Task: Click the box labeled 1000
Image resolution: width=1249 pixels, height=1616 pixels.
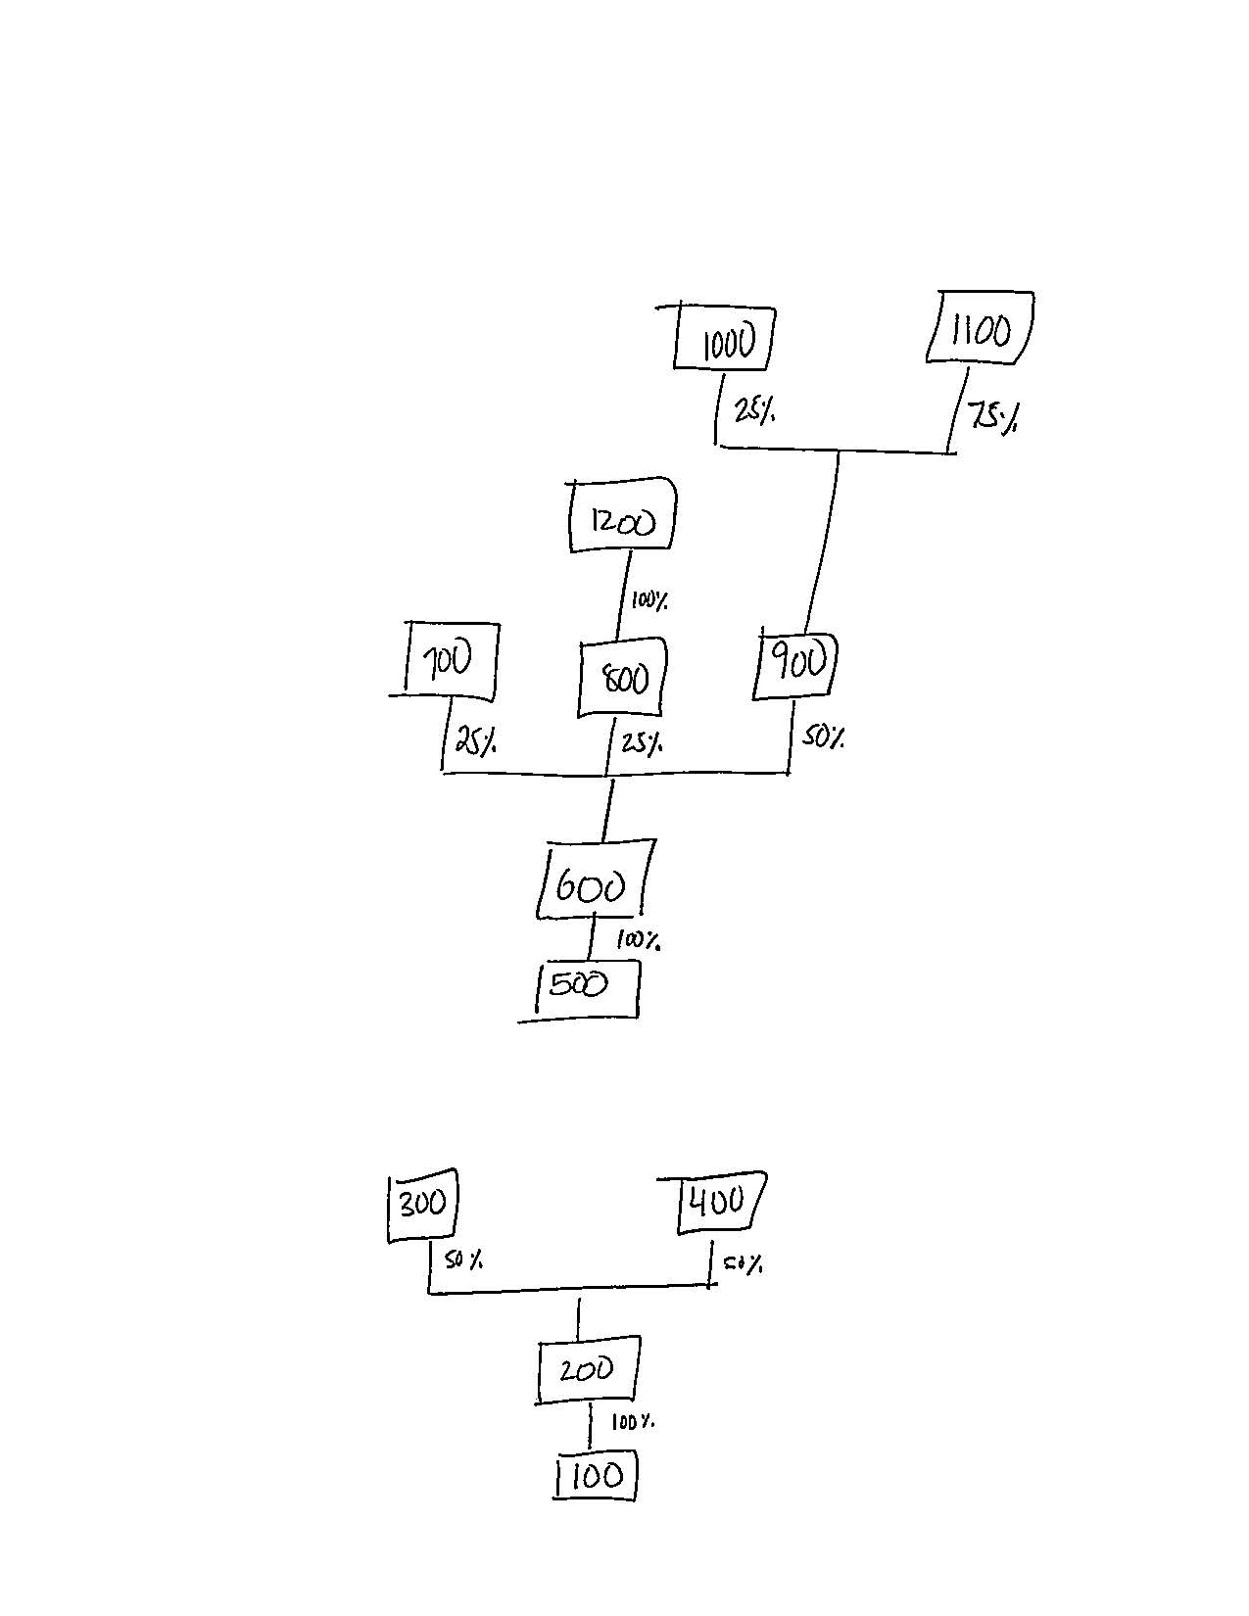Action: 725,339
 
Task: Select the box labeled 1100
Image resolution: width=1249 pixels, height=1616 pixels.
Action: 981,328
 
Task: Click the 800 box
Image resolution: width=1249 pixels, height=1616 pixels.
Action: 622,677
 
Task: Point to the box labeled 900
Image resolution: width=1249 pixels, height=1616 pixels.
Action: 798,666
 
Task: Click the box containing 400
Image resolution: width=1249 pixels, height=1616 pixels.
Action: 720,1203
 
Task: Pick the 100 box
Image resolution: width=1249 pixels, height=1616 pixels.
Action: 596,1477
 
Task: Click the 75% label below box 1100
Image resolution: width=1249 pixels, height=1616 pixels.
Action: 992,418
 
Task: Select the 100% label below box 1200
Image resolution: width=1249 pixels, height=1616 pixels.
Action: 649,600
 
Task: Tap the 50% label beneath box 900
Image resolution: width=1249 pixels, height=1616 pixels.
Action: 823,737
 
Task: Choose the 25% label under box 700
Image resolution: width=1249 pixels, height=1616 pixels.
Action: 475,742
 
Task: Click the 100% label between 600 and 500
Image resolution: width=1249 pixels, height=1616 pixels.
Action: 638,941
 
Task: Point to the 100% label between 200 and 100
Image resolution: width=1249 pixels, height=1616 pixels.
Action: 633,1421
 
